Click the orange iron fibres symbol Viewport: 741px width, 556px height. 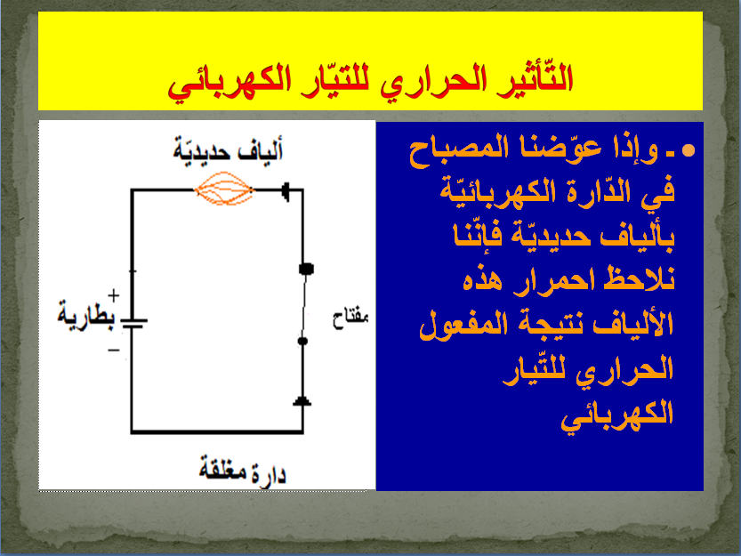(224, 189)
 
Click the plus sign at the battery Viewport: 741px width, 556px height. (114, 295)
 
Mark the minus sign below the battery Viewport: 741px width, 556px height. (114, 350)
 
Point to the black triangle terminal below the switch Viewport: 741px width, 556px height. (303, 402)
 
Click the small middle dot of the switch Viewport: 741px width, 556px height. (302, 341)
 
